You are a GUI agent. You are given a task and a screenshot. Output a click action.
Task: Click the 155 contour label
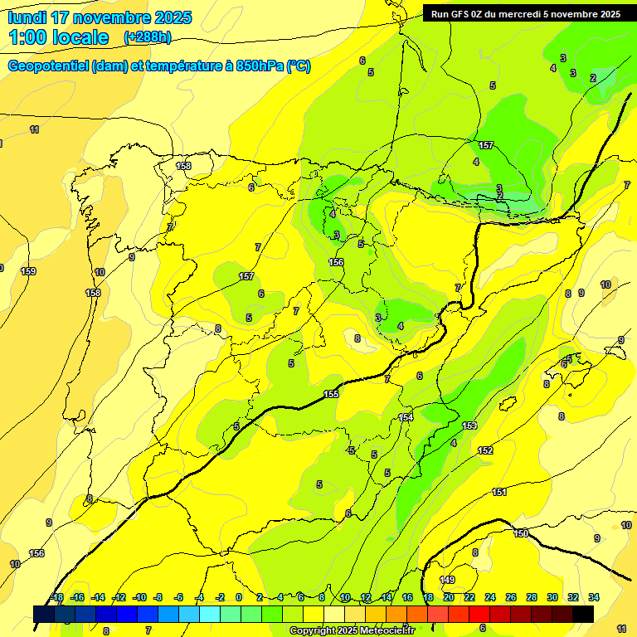tap(332, 394)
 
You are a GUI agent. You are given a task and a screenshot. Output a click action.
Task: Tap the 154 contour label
tap(406, 417)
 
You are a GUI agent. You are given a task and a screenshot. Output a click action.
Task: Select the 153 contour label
tap(469, 425)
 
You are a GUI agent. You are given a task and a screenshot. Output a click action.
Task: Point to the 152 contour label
tap(485, 450)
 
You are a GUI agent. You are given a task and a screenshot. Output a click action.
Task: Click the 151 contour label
tap(499, 492)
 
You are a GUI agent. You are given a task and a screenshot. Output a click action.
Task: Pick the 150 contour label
tap(521, 533)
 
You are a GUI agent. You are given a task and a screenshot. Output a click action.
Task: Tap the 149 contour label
tap(447, 580)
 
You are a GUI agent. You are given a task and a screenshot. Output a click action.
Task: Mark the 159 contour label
tap(28, 271)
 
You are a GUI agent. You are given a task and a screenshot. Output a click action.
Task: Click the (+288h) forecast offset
tap(148, 37)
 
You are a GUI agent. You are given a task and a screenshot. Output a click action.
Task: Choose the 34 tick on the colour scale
tap(594, 597)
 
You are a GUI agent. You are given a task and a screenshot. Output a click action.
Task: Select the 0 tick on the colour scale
tap(239, 597)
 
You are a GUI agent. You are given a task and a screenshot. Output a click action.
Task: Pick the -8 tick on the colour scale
tap(158, 597)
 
